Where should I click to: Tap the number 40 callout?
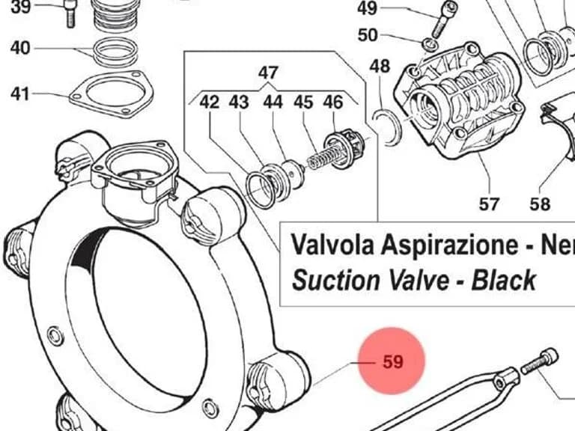coord(20,48)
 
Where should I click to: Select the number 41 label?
coord(19,94)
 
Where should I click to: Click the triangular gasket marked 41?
coord(111,94)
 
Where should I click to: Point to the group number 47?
coord(268,73)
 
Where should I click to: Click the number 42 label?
coord(210,102)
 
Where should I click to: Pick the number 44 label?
coord(273,102)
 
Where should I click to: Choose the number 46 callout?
coord(333,102)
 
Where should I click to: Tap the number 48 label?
coord(380,67)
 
